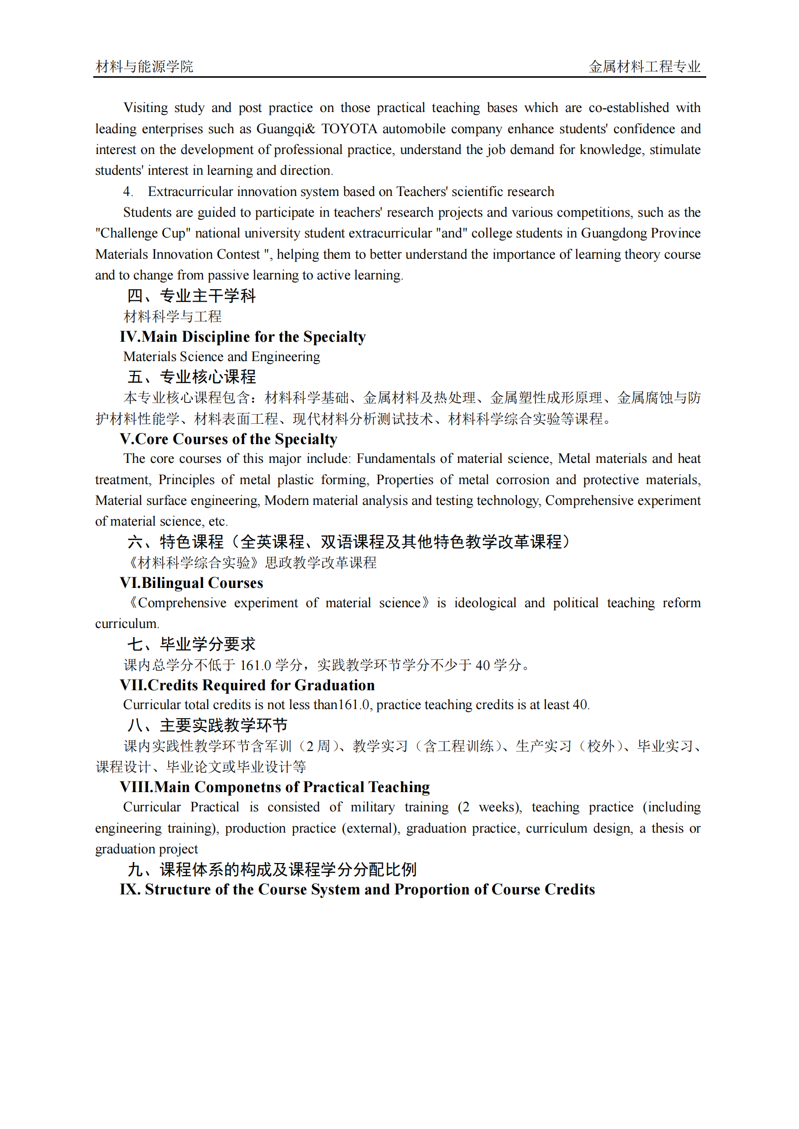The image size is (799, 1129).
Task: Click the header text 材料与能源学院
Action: coord(144,67)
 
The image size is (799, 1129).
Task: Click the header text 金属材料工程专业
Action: coord(644,67)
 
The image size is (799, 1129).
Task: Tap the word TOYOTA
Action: coord(349,129)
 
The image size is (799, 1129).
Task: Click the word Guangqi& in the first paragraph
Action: coord(286,129)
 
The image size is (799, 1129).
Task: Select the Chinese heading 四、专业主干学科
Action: coord(191,295)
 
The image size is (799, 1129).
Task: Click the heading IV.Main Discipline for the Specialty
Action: coord(243,337)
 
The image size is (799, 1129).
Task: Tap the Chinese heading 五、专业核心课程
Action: coord(191,376)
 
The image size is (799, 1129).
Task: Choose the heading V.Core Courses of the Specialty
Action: coord(228,439)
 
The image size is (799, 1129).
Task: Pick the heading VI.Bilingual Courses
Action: coord(191,583)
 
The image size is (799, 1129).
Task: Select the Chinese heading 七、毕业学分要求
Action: coord(191,644)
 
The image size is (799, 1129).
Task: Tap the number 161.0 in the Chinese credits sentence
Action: coord(256,665)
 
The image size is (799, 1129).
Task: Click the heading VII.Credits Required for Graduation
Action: coord(247,685)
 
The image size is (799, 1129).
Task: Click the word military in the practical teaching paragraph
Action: coord(372,808)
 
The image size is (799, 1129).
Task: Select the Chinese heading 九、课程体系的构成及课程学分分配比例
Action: coord(272,869)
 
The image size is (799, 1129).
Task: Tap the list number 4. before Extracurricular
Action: coord(128,192)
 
